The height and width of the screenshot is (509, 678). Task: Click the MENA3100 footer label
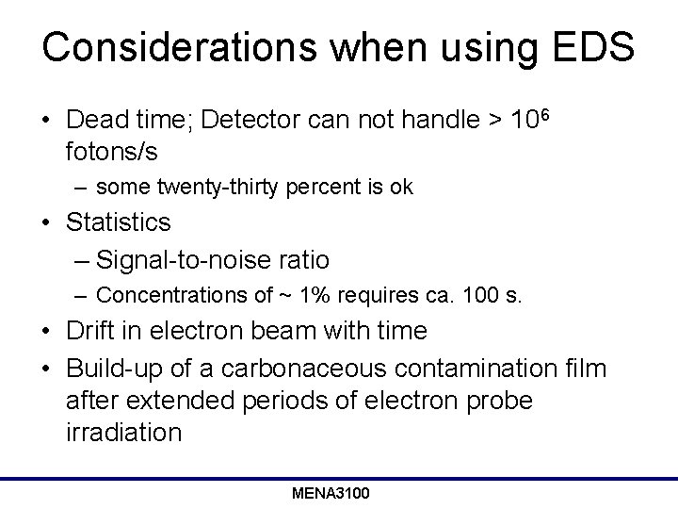pyautogui.click(x=331, y=493)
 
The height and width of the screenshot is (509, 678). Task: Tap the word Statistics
pyautogui.click(x=119, y=222)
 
